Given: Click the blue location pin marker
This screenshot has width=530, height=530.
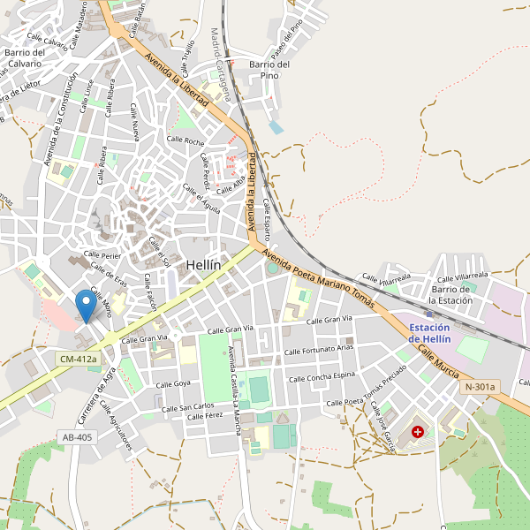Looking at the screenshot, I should [x=86, y=306].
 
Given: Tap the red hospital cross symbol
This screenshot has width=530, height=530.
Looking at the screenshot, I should [x=417, y=433].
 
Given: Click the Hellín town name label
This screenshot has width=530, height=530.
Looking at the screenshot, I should [x=203, y=265].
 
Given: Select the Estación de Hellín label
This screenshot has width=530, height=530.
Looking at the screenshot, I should [x=430, y=334].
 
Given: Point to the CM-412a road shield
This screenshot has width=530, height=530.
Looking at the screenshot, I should [x=78, y=360].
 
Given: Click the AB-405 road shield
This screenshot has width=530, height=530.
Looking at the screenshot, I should [x=78, y=436].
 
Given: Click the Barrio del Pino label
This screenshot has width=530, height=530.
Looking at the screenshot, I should [x=269, y=70].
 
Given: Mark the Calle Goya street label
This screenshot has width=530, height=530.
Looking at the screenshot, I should [x=173, y=384].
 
